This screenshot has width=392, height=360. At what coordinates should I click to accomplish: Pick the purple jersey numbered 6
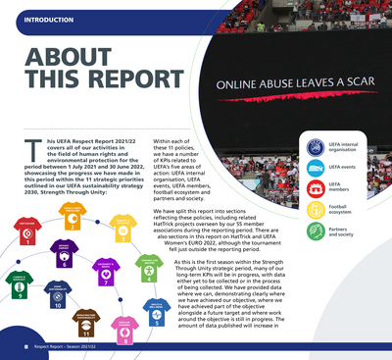point(64,257)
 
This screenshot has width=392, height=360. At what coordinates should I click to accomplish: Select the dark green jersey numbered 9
point(21,285)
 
